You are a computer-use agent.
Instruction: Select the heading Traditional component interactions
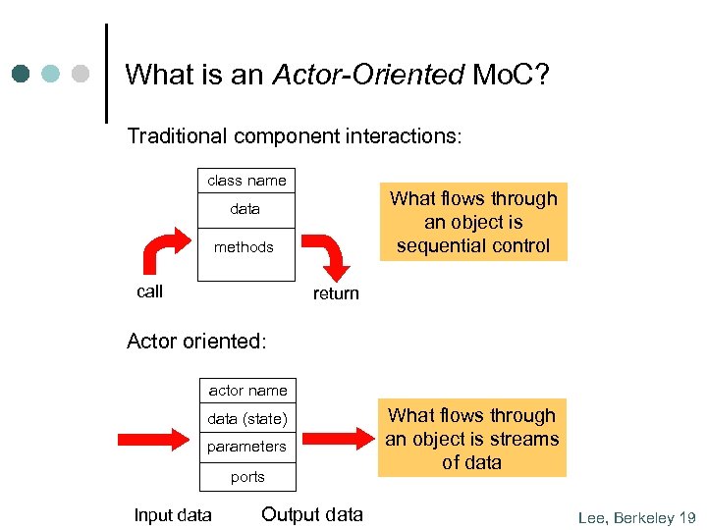pyautogui.click(x=294, y=136)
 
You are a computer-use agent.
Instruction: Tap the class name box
pyautogui.click(x=246, y=181)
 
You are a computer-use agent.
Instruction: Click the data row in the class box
pyautogui.click(x=245, y=209)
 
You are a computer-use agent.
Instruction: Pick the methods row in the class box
pyautogui.click(x=244, y=247)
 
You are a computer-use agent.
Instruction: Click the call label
pyautogui.click(x=150, y=291)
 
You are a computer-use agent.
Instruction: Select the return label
pyautogui.click(x=336, y=293)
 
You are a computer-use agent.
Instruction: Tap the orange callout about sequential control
pyautogui.click(x=472, y=222)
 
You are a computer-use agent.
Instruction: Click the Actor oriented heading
pyautogui.click(x=196, y=342)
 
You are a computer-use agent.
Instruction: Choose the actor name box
pyautogui.click(x=247, y=391)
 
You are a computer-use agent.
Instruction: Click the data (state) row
pyautogui.click(x=247, y=420)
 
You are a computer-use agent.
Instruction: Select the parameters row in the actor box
pyautogui.click(x=246, y=447)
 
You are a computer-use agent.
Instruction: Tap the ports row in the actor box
pyautogui.click(x=247, y=477)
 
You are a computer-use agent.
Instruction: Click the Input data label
pyautogui.click(x=173, y=515)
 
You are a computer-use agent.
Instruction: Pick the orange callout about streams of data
pyautogui.click(x=471, y=439)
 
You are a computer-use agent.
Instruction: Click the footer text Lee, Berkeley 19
pyautogui.click(x=636, y=517)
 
